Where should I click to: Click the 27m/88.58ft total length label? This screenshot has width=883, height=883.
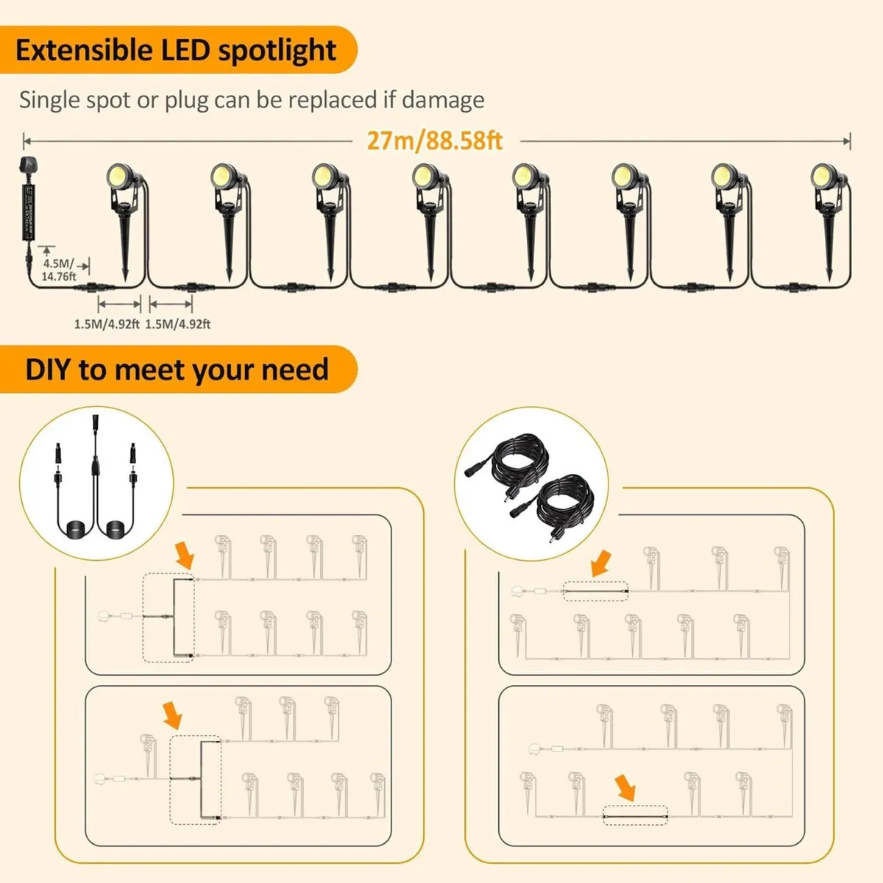[434, 140]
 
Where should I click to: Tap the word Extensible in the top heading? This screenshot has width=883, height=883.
[82, 50]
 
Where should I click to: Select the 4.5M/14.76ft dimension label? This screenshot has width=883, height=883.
[59, 270]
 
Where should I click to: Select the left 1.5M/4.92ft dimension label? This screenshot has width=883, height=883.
[107, 324]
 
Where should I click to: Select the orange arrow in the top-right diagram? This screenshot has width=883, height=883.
[601, 563]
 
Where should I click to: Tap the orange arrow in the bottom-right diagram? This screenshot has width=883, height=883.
[626, 787]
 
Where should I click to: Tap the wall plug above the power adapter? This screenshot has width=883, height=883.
[21, 169]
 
